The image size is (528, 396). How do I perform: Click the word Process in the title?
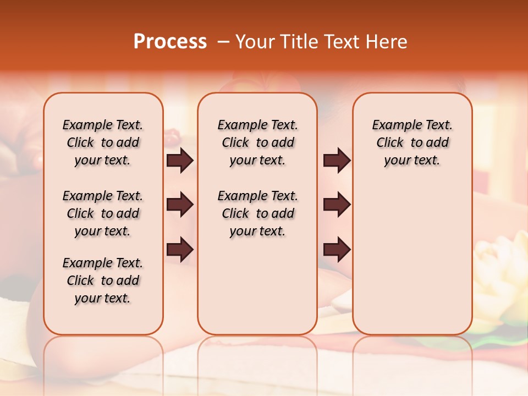pos(170,42)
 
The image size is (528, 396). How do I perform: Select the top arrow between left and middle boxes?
pos(180,161)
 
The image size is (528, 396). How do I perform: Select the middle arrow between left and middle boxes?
pos(180,205)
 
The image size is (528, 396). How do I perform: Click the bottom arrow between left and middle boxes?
pos(180,249)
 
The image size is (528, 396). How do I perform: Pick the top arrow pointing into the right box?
pos(337,161)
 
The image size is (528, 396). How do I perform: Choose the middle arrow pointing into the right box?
pos(337,205)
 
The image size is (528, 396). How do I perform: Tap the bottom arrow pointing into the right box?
pos(337,249)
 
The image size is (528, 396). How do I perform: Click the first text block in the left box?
pos(103,142)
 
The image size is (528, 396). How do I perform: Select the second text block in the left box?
pos(103,213)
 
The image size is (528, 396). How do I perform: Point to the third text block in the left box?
pos(103,280)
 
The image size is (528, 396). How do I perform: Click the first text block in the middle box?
pos(258,142)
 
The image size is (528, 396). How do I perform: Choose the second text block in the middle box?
pos(258,213)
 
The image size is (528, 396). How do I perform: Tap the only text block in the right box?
pos(413,142)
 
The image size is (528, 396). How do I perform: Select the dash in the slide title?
pos(223,42)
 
